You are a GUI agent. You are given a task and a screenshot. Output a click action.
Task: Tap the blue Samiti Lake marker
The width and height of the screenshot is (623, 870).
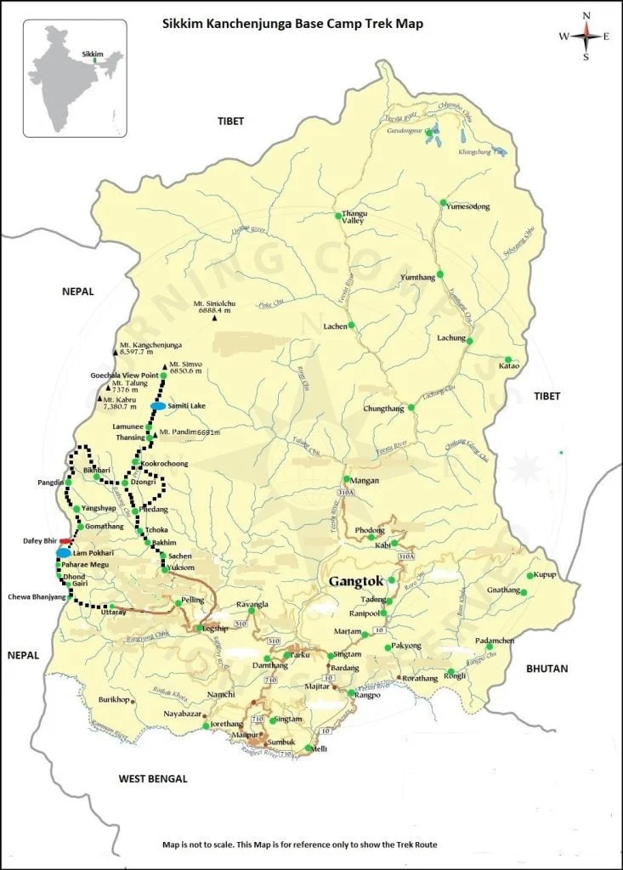157,407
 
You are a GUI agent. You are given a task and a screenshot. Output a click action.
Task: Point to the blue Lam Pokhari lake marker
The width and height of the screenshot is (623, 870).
63,553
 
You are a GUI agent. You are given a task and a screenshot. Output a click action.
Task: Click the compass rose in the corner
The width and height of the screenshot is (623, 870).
586,36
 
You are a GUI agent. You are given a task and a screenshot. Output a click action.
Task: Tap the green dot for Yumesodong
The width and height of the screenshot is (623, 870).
443,203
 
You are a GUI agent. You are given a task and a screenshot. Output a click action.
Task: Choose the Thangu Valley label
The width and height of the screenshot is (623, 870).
353,217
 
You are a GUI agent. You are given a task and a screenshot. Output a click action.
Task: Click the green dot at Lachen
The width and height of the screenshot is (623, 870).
351,325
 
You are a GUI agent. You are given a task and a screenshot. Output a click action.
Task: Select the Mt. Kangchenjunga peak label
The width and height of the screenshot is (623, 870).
152,346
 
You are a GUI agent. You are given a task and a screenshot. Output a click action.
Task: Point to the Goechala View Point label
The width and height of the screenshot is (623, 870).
124,375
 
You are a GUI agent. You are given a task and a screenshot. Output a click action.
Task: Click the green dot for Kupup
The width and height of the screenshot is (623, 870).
530,575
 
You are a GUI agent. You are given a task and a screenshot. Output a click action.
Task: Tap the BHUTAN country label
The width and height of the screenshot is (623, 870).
547,669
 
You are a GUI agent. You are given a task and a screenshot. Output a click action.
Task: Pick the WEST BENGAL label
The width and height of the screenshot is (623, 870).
153,778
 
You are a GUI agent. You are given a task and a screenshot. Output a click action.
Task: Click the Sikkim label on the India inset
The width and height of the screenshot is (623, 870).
93,54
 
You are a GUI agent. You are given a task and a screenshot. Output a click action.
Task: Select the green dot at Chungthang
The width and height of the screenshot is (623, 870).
411,408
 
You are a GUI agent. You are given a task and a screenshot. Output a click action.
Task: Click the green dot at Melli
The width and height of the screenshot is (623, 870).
308,748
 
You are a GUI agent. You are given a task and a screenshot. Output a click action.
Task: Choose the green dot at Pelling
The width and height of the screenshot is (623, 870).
177,602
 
